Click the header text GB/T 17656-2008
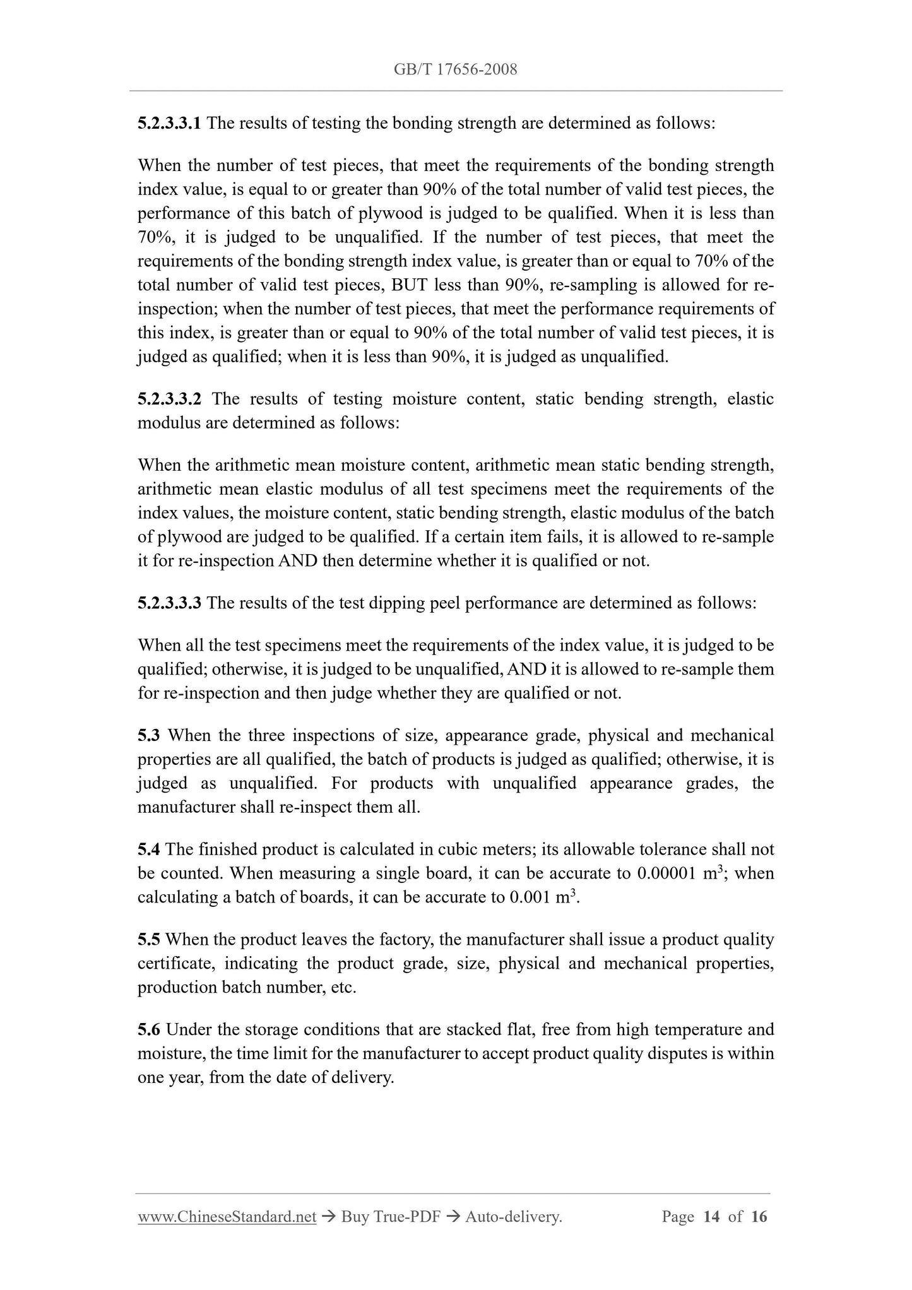click(x=455, y=69)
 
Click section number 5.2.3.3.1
click(x=169, y=123)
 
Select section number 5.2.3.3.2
click(x=169, y=399)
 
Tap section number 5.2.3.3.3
click(x=169, y=603)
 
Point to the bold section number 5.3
click(x=149, y=735)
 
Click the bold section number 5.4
click(x=149, y=849)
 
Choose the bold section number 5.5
click(x=149, y=940)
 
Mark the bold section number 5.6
click(x=149, y=1030)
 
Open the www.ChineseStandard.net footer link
click(x=227, y=1217)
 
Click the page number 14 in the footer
click(x=711, y=1217)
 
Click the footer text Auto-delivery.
click(x=513, y=1217)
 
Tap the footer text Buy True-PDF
click(x=390, y=1217)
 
